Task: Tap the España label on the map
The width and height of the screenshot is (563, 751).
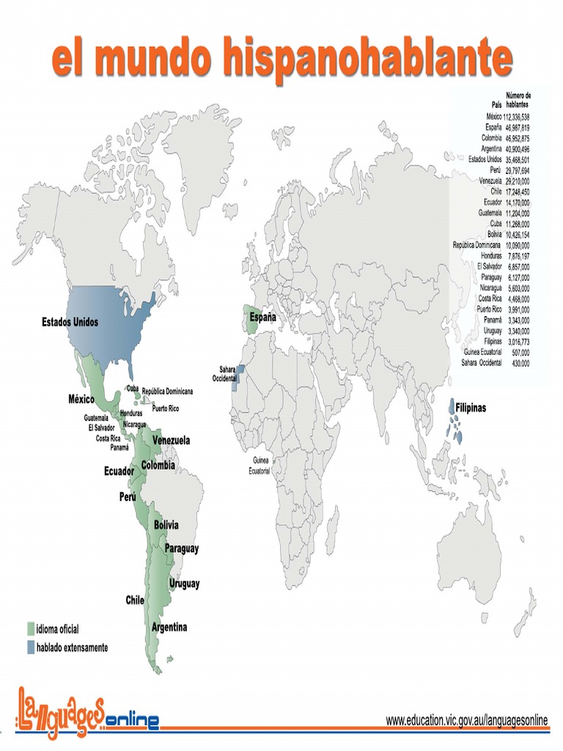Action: pos(263,318)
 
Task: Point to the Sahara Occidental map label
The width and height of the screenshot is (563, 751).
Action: pos(224,373)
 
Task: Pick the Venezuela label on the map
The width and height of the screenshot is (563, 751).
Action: pos(171,441)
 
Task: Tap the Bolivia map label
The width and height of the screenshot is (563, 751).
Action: pos(166,525)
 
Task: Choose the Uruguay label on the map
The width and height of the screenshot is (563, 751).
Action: pos(184,584)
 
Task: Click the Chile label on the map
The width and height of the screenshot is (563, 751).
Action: pos(135,600)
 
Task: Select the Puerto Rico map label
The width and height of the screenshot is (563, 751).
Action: pos(166,409)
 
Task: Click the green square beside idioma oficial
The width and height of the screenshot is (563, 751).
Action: pos(30,629)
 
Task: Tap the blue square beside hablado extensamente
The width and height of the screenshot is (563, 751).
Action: pos(30,647)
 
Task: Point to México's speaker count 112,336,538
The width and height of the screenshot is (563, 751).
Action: pos(516,117)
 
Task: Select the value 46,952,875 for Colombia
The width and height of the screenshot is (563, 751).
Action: pos(516,138)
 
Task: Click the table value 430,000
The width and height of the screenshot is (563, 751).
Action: pos(518,362)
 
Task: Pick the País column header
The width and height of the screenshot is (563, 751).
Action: pos(496,106)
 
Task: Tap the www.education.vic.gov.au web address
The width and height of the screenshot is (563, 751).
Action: pos(467,721)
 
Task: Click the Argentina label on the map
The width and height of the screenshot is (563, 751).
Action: pos(169,627)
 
